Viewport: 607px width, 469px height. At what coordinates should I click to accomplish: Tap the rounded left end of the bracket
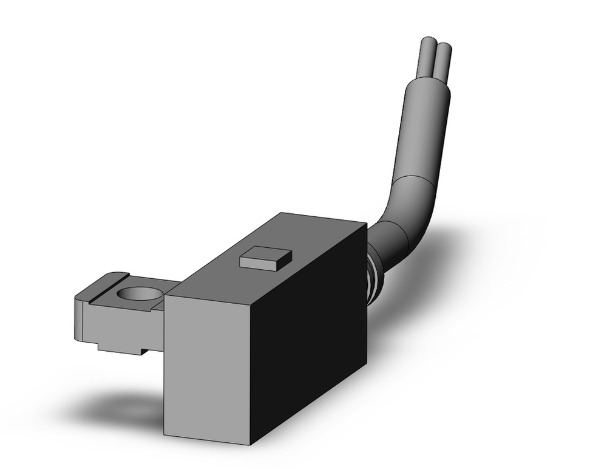(x=77, y=319)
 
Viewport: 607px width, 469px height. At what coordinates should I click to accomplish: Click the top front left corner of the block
(x=166, y=296)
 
